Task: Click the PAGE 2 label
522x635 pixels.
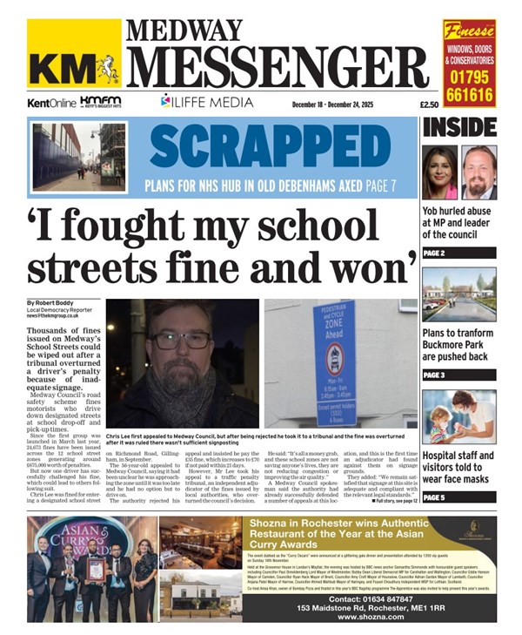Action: coord(434,253)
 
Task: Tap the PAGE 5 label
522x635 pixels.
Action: coord(434,497)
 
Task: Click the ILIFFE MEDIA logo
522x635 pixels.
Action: coord(202,101)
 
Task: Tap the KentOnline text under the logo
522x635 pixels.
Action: coord(50,103)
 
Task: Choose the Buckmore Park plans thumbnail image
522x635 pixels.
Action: coord(459,294)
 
